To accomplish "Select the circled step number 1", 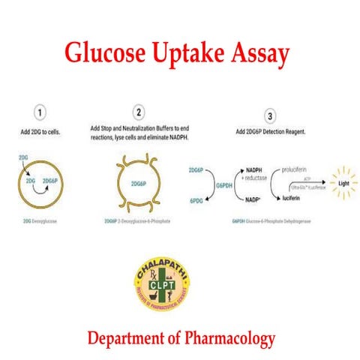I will pyautogui.click(x=43, y=113).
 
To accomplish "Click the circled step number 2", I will pyautogui.click(x=138, y=113).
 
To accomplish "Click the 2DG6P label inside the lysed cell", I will pyautogui.click(x=139, y=182).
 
